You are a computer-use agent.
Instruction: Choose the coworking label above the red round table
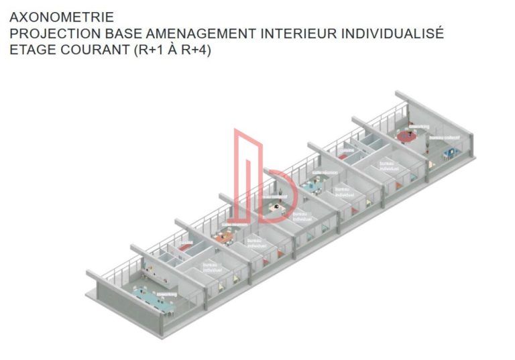pos(419,126)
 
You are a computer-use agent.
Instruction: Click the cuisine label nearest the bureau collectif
pos(347,151)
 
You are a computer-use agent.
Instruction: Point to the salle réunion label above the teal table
pos(325,173)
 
